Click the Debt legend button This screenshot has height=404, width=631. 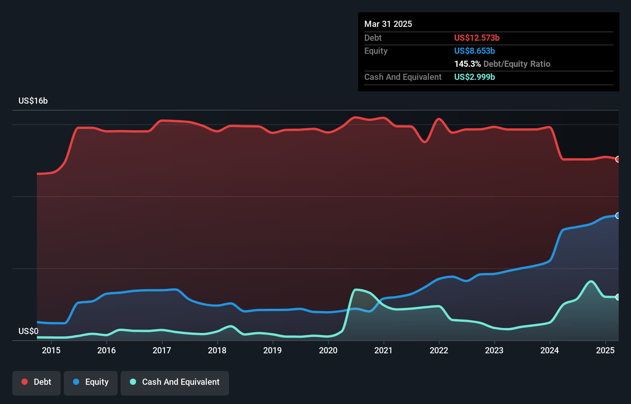coord(37,382)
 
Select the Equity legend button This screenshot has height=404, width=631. coord(91,382)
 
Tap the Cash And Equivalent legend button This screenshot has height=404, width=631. coord(175,382)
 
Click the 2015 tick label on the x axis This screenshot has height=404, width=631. coord(51,350)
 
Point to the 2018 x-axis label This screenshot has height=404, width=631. coord(217,350)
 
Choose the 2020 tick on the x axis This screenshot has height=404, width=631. coord(328,350)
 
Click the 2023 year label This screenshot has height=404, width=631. coord(494,350)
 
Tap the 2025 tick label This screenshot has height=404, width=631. coord(605,350)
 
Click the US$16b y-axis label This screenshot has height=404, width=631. coord(33,101)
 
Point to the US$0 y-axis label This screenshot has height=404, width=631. coord(28,331)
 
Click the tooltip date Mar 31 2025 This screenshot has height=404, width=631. coord(388,24)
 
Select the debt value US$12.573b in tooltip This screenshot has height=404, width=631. coord(477,38)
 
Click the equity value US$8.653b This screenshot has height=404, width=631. coord(474,51)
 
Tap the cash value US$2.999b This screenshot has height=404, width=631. coord(474,77)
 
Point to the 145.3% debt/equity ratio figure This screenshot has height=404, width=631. coord(467,64)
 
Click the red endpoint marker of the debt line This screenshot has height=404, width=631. coord(618,159)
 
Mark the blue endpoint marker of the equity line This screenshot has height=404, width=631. coord(618,216)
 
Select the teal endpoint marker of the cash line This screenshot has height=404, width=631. coord(618,297)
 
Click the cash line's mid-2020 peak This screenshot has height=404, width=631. coord(357,290)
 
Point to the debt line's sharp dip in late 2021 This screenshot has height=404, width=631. coord(425,142)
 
